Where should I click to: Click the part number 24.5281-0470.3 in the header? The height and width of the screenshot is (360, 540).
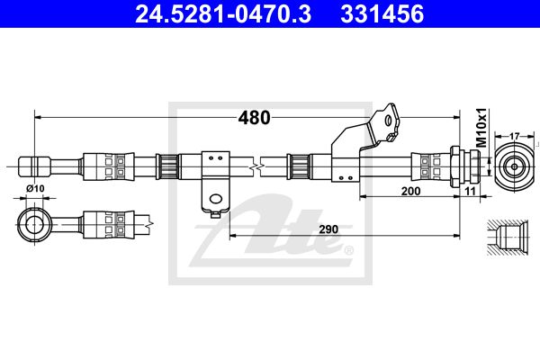(223, 14)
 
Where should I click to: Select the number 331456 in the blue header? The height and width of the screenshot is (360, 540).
(382, 14)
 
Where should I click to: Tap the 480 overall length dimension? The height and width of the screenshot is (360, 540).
(254, 118)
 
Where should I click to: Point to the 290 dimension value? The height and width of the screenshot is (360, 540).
(328, 229)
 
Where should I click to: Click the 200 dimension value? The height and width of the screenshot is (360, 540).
(411, 191)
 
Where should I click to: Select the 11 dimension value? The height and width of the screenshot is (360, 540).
(470, 191)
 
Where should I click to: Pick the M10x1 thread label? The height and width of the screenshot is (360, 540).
(481, 128)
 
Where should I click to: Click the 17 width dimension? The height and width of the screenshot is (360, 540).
(514, 136)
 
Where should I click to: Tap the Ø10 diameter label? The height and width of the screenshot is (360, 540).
(35, 188)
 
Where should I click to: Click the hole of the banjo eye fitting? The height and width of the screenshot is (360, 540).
(34, 225)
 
